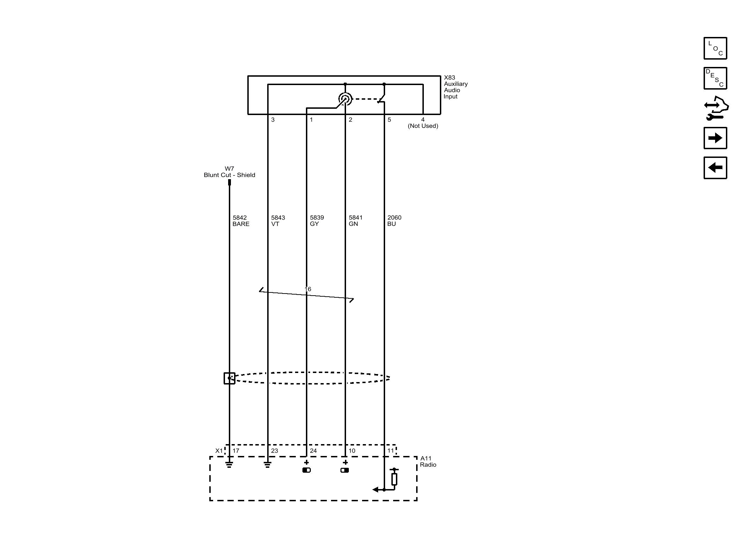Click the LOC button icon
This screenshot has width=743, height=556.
tap(715, 48)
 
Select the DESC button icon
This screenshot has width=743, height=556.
tap(715, 78)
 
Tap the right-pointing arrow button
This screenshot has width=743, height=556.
tap(715, 138)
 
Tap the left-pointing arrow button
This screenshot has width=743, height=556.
tap(715, 168)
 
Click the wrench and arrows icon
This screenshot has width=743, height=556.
tap(716, 108)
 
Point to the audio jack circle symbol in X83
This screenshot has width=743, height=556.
tap(345, 99)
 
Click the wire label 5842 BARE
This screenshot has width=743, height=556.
tap(241, 221)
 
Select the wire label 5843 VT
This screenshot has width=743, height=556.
tap(278, 221)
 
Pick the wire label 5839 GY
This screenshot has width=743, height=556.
tap(317, 221)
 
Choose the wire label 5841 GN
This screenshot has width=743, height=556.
tap(355, 221)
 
